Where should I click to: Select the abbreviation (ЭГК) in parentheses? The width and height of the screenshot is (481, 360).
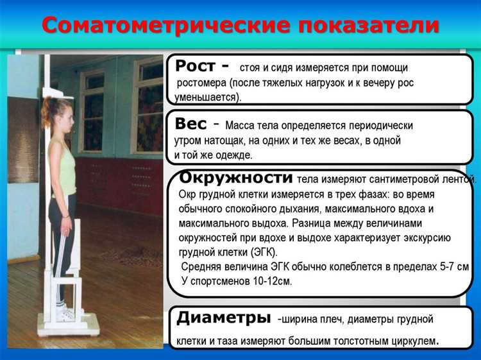[x=266, y=252]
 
